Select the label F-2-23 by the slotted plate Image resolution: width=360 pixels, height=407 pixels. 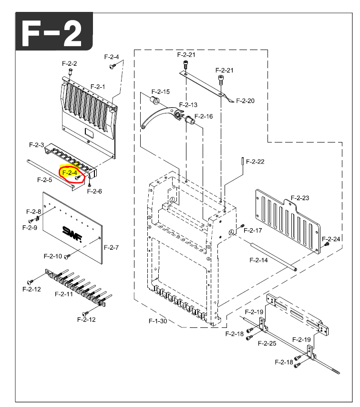300,198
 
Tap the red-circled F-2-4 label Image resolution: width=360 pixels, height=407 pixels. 70,173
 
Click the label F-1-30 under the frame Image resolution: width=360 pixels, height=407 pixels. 158,321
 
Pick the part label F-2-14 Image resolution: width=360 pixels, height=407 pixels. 258,260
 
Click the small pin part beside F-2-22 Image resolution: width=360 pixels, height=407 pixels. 243,161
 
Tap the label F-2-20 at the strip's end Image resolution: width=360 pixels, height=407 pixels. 245,101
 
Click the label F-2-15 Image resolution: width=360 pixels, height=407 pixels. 160,92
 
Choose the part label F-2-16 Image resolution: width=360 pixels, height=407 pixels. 204,116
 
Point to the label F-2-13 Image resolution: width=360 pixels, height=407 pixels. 188,105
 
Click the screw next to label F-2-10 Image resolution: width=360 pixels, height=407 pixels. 68,256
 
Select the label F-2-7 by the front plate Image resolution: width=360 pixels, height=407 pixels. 111,247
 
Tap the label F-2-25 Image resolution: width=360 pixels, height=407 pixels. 267,343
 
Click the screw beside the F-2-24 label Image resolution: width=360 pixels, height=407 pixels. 327,244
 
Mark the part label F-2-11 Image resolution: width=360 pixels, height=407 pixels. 63,294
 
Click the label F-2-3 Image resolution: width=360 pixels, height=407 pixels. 36,144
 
